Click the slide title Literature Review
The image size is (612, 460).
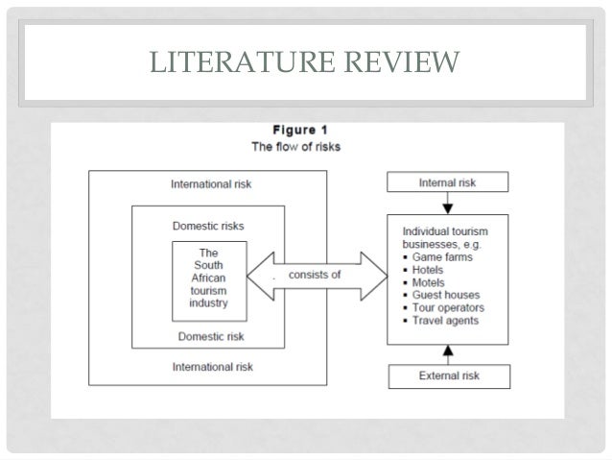[305, 63]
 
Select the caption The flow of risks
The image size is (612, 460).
[303, 148]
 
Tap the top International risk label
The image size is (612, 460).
[210, 182]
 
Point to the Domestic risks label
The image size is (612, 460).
[208, 227]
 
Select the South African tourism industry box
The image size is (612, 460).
[209, 280]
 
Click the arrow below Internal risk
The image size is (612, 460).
[447, 203]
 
